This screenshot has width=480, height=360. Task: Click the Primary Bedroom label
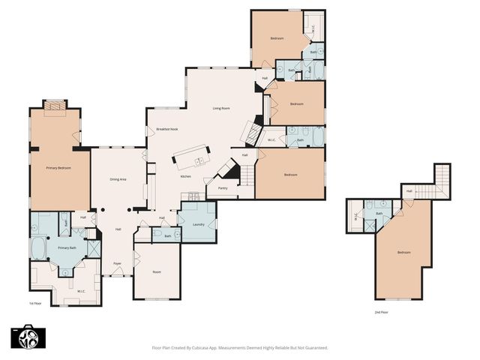pyautogui.click(x=58, y=168)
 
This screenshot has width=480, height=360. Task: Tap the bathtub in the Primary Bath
pyautogui.click(x=37, y=248)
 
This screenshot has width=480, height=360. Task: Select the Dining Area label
pyautogui.click(x=118, y=179)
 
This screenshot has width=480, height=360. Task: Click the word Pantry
pyautogui.click(x=223, y=188)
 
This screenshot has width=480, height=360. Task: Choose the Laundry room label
pyautogui.click(x=199, y=224)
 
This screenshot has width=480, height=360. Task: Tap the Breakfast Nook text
pyautogui.click(x=166, y=129)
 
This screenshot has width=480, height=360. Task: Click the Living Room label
pyautogui.click(x=220, y=108)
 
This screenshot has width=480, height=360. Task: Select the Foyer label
pyautogui.click(x=118, y=264)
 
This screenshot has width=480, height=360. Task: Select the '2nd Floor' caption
pyautogui.click(x=382, y=311)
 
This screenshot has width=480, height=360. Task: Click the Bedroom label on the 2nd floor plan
pyautogui.click(x=403, y=252)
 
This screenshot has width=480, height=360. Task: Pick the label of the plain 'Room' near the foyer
pyautogui.click(x=157, y=271)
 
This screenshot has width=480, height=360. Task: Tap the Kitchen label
pyautogui.click(x=185, y=176)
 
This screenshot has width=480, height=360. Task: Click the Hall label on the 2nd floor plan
pyautogui.click(x=409, y=191)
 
